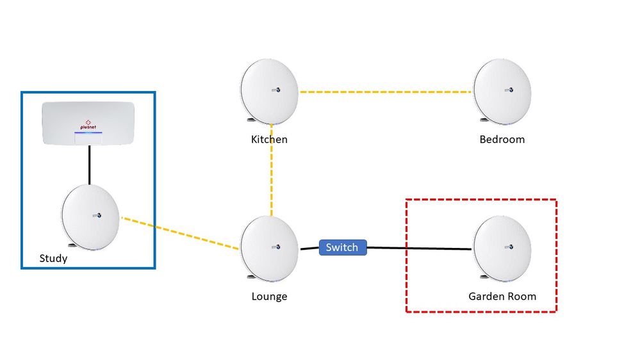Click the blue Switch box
pyautogui.click(x=342, y=247)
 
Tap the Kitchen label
pyautogui.click(x=269, y=139)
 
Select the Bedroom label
pyautogui.click(x=502, y=139)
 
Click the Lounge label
pyautogui.click(x=269, y=296)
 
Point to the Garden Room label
pyautogui.click(x=502, y=296)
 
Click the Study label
pyautogui.click(x=53, y=259)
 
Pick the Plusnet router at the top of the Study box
pyautogui.click(x=88, y=122)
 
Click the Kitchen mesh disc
pyautogui.click(x=269, y=90)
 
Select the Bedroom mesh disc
pyautogui.click(x=502, y=90)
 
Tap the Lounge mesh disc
pyautogui.click(x=269, y=247)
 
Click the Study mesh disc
pyautogui.click(x=90, y=216)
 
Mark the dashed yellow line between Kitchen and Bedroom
pyautogui.click(x=384, y=92)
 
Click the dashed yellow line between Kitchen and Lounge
pyautogui.click(x=272, y=170)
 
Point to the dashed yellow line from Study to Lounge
pyautogui.click(x=179, y=232)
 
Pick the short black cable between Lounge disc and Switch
pyautogui.click(x=309, y=248)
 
